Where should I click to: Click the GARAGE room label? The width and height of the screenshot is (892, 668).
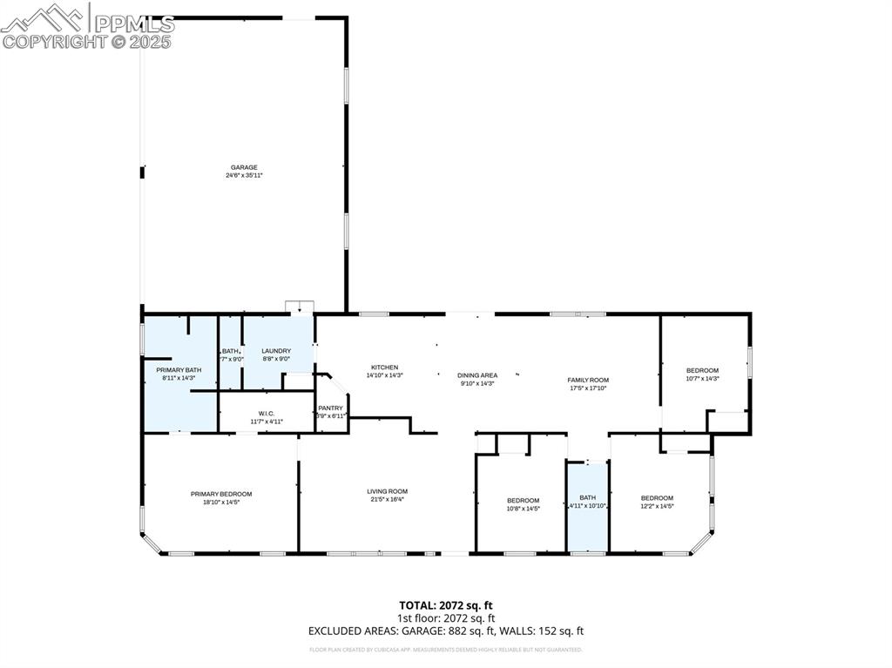click(x=244, y=167)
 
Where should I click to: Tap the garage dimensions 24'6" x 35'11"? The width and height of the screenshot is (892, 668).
click(x=244, y=175)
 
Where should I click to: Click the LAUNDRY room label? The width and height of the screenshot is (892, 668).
click(x=276, y=351)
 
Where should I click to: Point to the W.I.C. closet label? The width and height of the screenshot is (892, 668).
click(x=267, y=414)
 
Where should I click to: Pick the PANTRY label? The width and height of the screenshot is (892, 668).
click(x=330, y=408)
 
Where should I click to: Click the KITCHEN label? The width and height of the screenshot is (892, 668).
click(x=384, y=368)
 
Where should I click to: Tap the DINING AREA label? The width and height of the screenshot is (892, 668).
click(x=477, y=375)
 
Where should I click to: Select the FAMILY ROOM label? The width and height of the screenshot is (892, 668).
click(x=588, y=380)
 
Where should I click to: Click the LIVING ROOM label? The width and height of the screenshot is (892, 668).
click(x=387, y=491)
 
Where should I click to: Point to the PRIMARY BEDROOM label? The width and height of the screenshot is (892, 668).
click(x=221, y=494)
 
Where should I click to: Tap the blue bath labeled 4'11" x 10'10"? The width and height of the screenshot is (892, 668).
click(x=587, y=502)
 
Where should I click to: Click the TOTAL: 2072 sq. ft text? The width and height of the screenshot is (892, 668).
click(x=446, y=604)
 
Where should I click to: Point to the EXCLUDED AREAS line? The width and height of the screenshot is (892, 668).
click(x=446, y=631)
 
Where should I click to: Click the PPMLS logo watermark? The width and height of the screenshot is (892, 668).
click(x=87, y=26)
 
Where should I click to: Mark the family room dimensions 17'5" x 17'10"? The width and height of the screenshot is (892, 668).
click(x=588, y=388)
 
